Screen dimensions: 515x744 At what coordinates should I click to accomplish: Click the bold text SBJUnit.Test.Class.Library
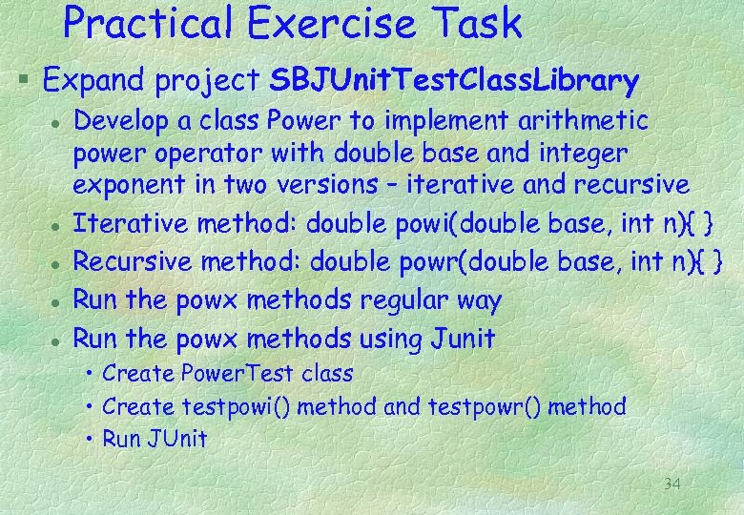coord(454,82)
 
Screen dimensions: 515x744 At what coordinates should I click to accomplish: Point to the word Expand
coord(95,82)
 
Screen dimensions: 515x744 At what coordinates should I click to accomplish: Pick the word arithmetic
coord(583,122)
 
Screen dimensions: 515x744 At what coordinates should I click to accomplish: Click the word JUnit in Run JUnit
coord(176,439)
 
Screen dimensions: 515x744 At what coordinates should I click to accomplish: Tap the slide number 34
coord(672,485)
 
